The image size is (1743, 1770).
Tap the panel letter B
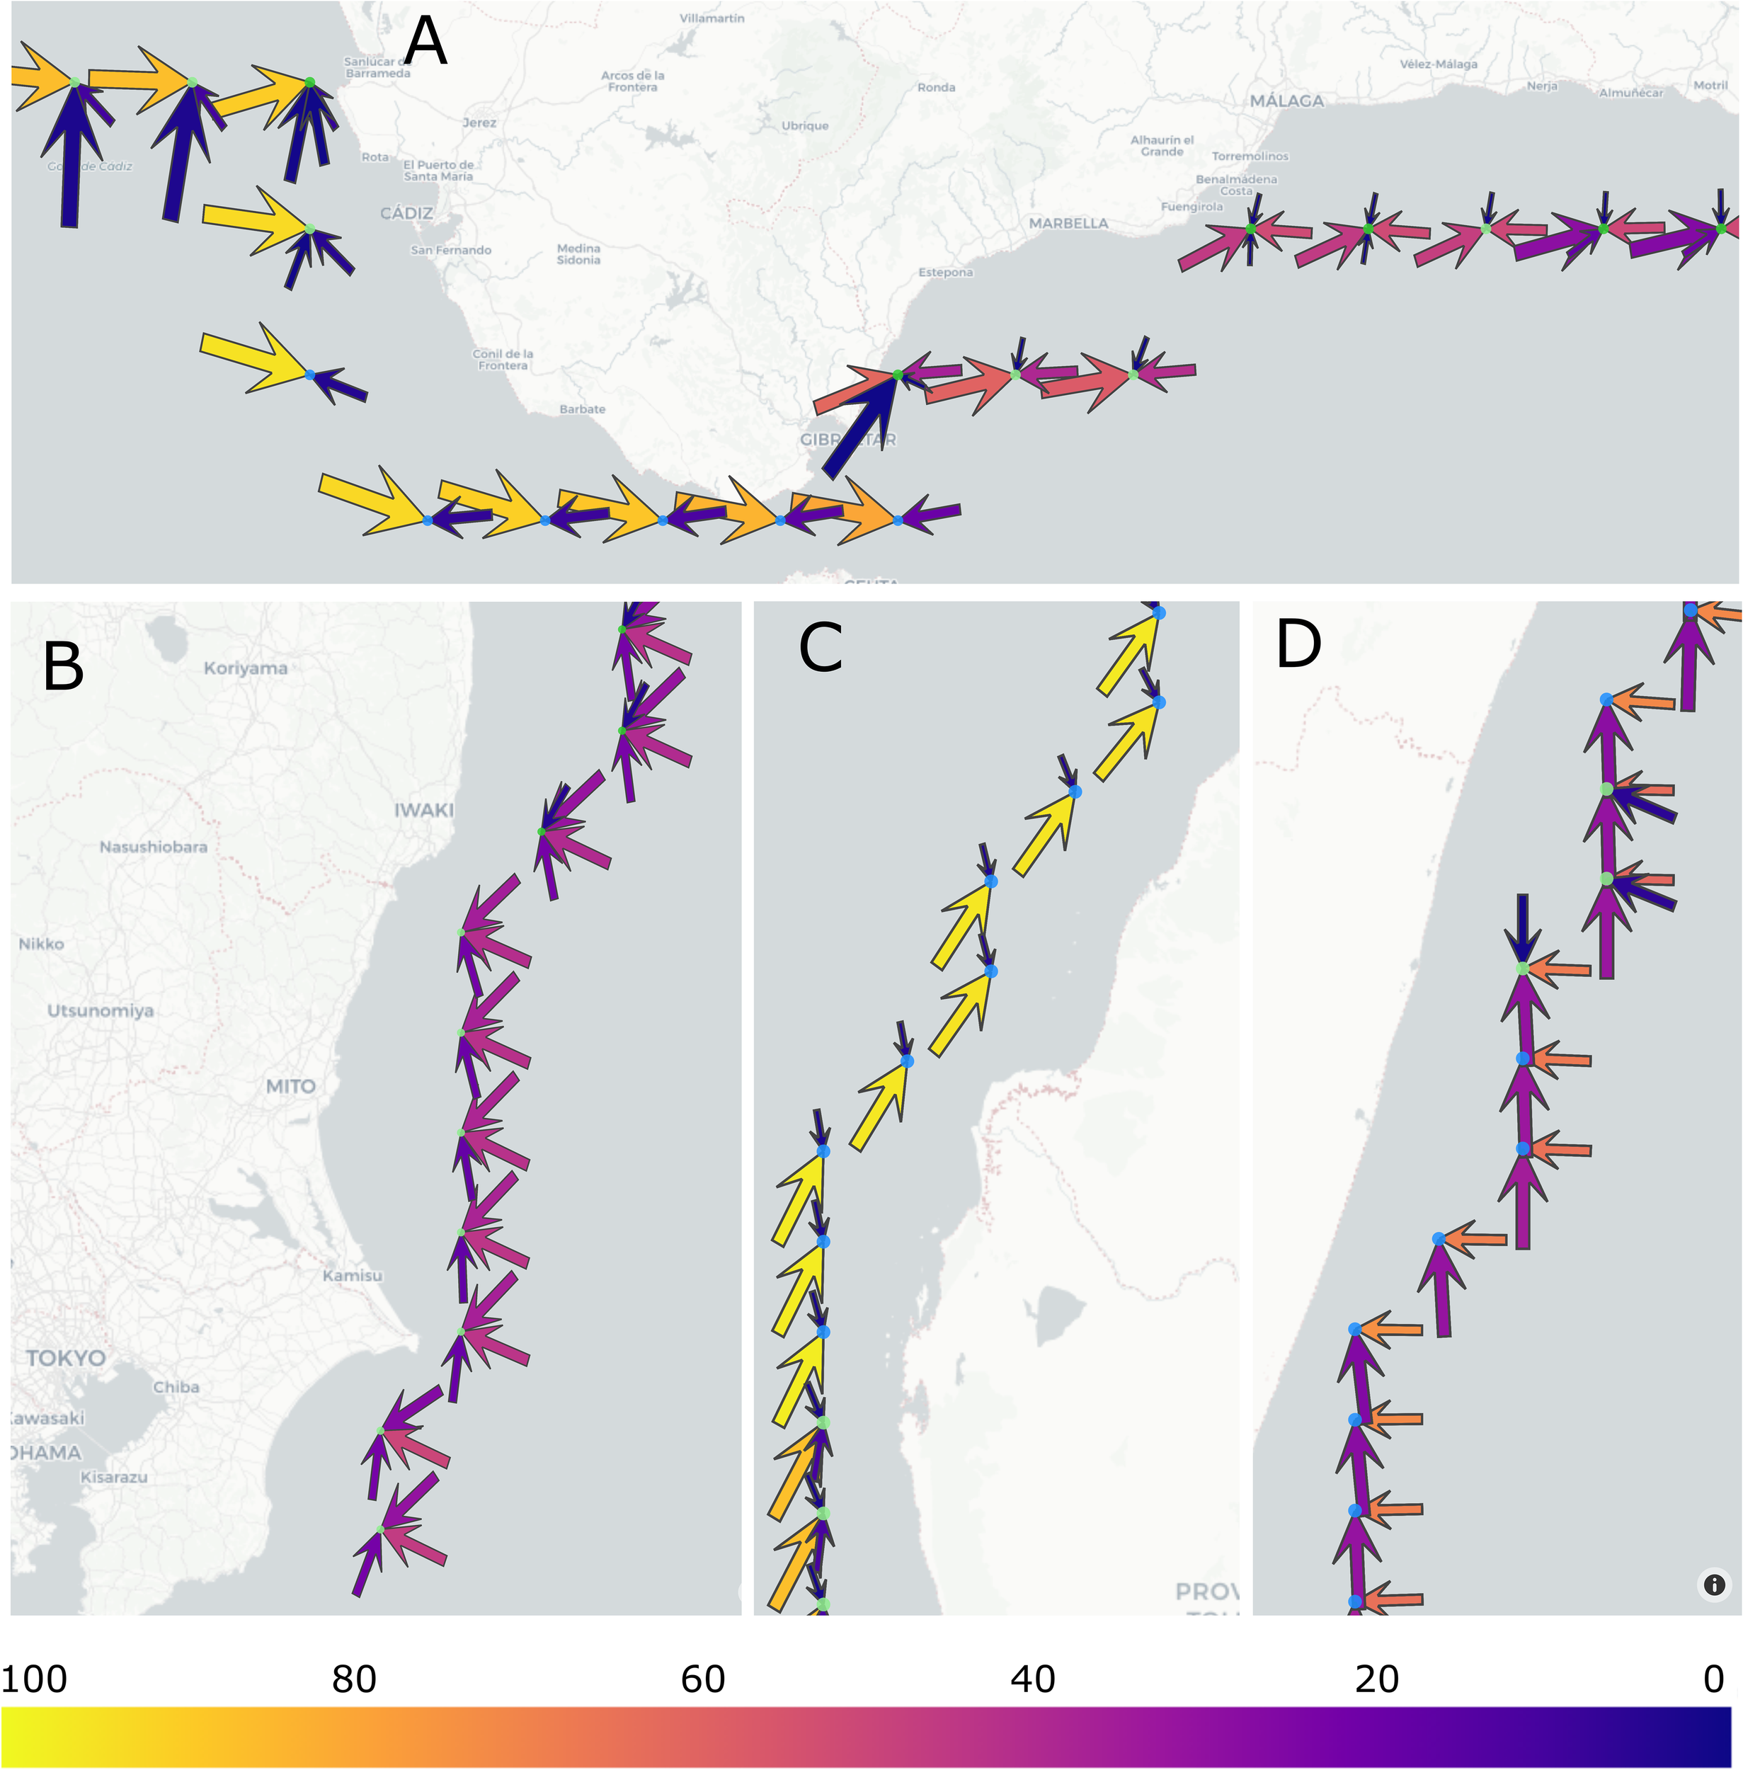(63, 667)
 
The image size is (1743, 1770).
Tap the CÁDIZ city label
(406, 213)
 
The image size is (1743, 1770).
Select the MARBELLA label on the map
(1068, 224)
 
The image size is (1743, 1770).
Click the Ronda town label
(936, 88)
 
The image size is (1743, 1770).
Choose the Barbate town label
(582, 409)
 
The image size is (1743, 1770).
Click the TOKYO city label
(66, 1358)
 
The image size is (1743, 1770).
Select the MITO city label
(290, 1086)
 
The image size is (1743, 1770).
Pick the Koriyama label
(246, 668)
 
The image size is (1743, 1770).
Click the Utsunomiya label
(101, 1011)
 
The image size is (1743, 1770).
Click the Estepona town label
(946, 273)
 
